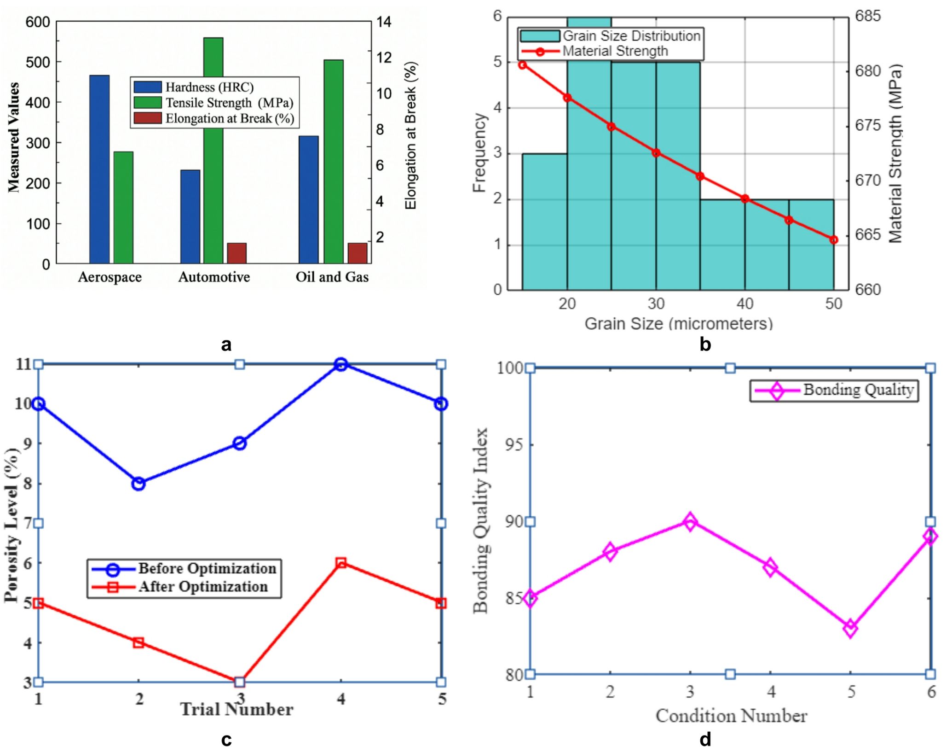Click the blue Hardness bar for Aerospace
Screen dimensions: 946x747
[x=99, y=169]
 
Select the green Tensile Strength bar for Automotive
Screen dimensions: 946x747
[x=213, y=151]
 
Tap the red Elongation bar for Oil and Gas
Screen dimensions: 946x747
[x=358, y=253]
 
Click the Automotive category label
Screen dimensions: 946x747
[x=214, y=277]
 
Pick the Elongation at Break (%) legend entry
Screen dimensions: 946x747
[x=214, y=118]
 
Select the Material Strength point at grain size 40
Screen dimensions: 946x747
[x=745, y=199]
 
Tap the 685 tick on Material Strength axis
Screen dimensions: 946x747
[x=868, y=16]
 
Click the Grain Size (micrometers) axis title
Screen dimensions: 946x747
[x=679, y=323]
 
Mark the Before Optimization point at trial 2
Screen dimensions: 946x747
[x=138, y=484]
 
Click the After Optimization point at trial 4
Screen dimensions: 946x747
[x=340, y=563]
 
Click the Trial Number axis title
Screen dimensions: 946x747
[x=236, y=709]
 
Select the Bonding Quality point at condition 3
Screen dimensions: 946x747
[x=690, y=522]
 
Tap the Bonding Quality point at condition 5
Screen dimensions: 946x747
[x=851, y=629]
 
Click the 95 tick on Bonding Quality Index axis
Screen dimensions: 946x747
[x=513, y=445]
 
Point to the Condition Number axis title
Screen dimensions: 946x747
[x=731, y=716]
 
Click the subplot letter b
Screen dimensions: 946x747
[x=705, y=344]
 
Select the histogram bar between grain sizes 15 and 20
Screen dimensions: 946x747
[x=545, y=222]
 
